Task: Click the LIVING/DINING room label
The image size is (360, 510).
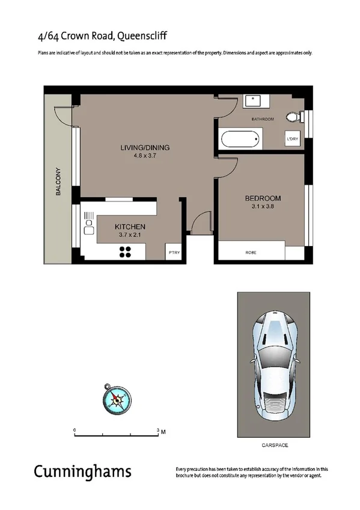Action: (x=144, y=147)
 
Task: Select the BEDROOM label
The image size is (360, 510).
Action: (x=263, y=198)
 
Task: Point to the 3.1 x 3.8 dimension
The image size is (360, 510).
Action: (x=263, y=207)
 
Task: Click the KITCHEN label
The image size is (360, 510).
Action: (x=130, y=227)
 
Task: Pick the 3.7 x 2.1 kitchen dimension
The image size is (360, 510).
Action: (x=130, y=235)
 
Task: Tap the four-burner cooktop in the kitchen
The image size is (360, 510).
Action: (x=126, y=253)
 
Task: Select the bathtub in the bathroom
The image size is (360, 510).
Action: (x=242, y=141)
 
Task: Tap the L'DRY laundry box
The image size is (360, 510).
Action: (x=293, y=140)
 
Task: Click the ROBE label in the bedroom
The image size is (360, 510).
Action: (x=251, y=253)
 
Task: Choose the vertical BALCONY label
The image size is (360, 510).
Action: (x=59, y=181)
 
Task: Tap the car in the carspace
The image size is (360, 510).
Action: (x=274, y=366)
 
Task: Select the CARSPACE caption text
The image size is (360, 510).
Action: (x=275, y=445)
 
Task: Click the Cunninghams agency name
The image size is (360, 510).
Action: (x=82, y=471)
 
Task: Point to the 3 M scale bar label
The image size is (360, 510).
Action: (x=160, y=431)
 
